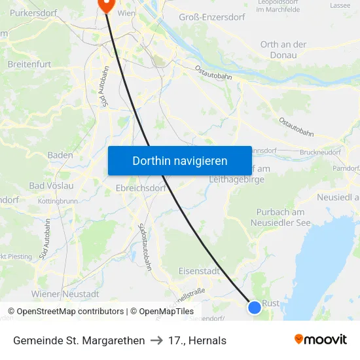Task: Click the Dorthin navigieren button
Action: click(x=180, y=160)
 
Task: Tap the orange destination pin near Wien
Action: click(x=105, y=5)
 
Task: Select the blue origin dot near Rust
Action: click(x=255, y=307)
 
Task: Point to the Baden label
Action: click(x=60, y=155)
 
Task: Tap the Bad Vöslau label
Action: click(x=54, y=186)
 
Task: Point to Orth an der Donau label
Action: click(x=283, y=50)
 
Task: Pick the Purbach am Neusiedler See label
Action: click(x=281, y=217)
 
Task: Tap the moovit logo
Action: click(x=321, y=339)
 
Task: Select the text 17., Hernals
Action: click(x=197, y=340)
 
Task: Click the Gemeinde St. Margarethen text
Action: click(x=79, y=340)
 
